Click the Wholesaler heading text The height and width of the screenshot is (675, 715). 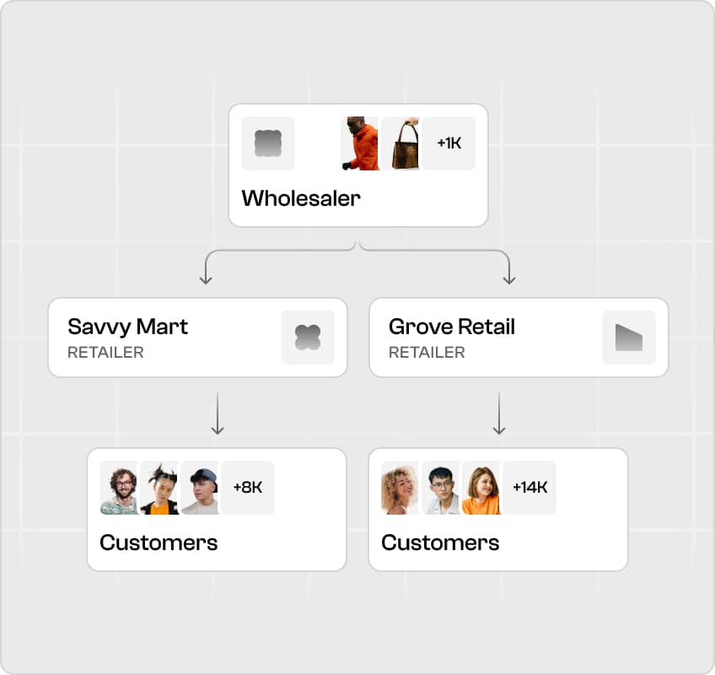301,198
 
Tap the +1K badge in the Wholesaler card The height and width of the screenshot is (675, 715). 449,143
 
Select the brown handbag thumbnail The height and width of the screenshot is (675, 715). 401,143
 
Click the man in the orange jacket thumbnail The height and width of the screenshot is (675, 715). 360,143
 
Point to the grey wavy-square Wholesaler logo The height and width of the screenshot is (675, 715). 267,143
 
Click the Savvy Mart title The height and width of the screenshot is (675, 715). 127,327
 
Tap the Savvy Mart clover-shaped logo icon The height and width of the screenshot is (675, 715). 308,337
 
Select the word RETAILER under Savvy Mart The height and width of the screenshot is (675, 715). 105,353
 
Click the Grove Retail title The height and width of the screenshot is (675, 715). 452,327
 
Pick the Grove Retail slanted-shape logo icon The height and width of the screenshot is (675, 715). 629,337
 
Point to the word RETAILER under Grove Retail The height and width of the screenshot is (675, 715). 427,353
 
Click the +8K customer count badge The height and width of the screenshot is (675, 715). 248,488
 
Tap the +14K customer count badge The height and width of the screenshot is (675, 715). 530,488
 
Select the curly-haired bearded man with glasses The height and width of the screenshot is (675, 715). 119,488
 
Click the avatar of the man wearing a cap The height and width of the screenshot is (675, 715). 200,488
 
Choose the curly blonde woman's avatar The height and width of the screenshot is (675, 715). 400,488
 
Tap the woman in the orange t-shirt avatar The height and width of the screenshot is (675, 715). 481,488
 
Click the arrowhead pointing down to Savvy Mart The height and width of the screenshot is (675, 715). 206,279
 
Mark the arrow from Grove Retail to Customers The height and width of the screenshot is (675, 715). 499,413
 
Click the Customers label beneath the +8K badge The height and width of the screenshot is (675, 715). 159,543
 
